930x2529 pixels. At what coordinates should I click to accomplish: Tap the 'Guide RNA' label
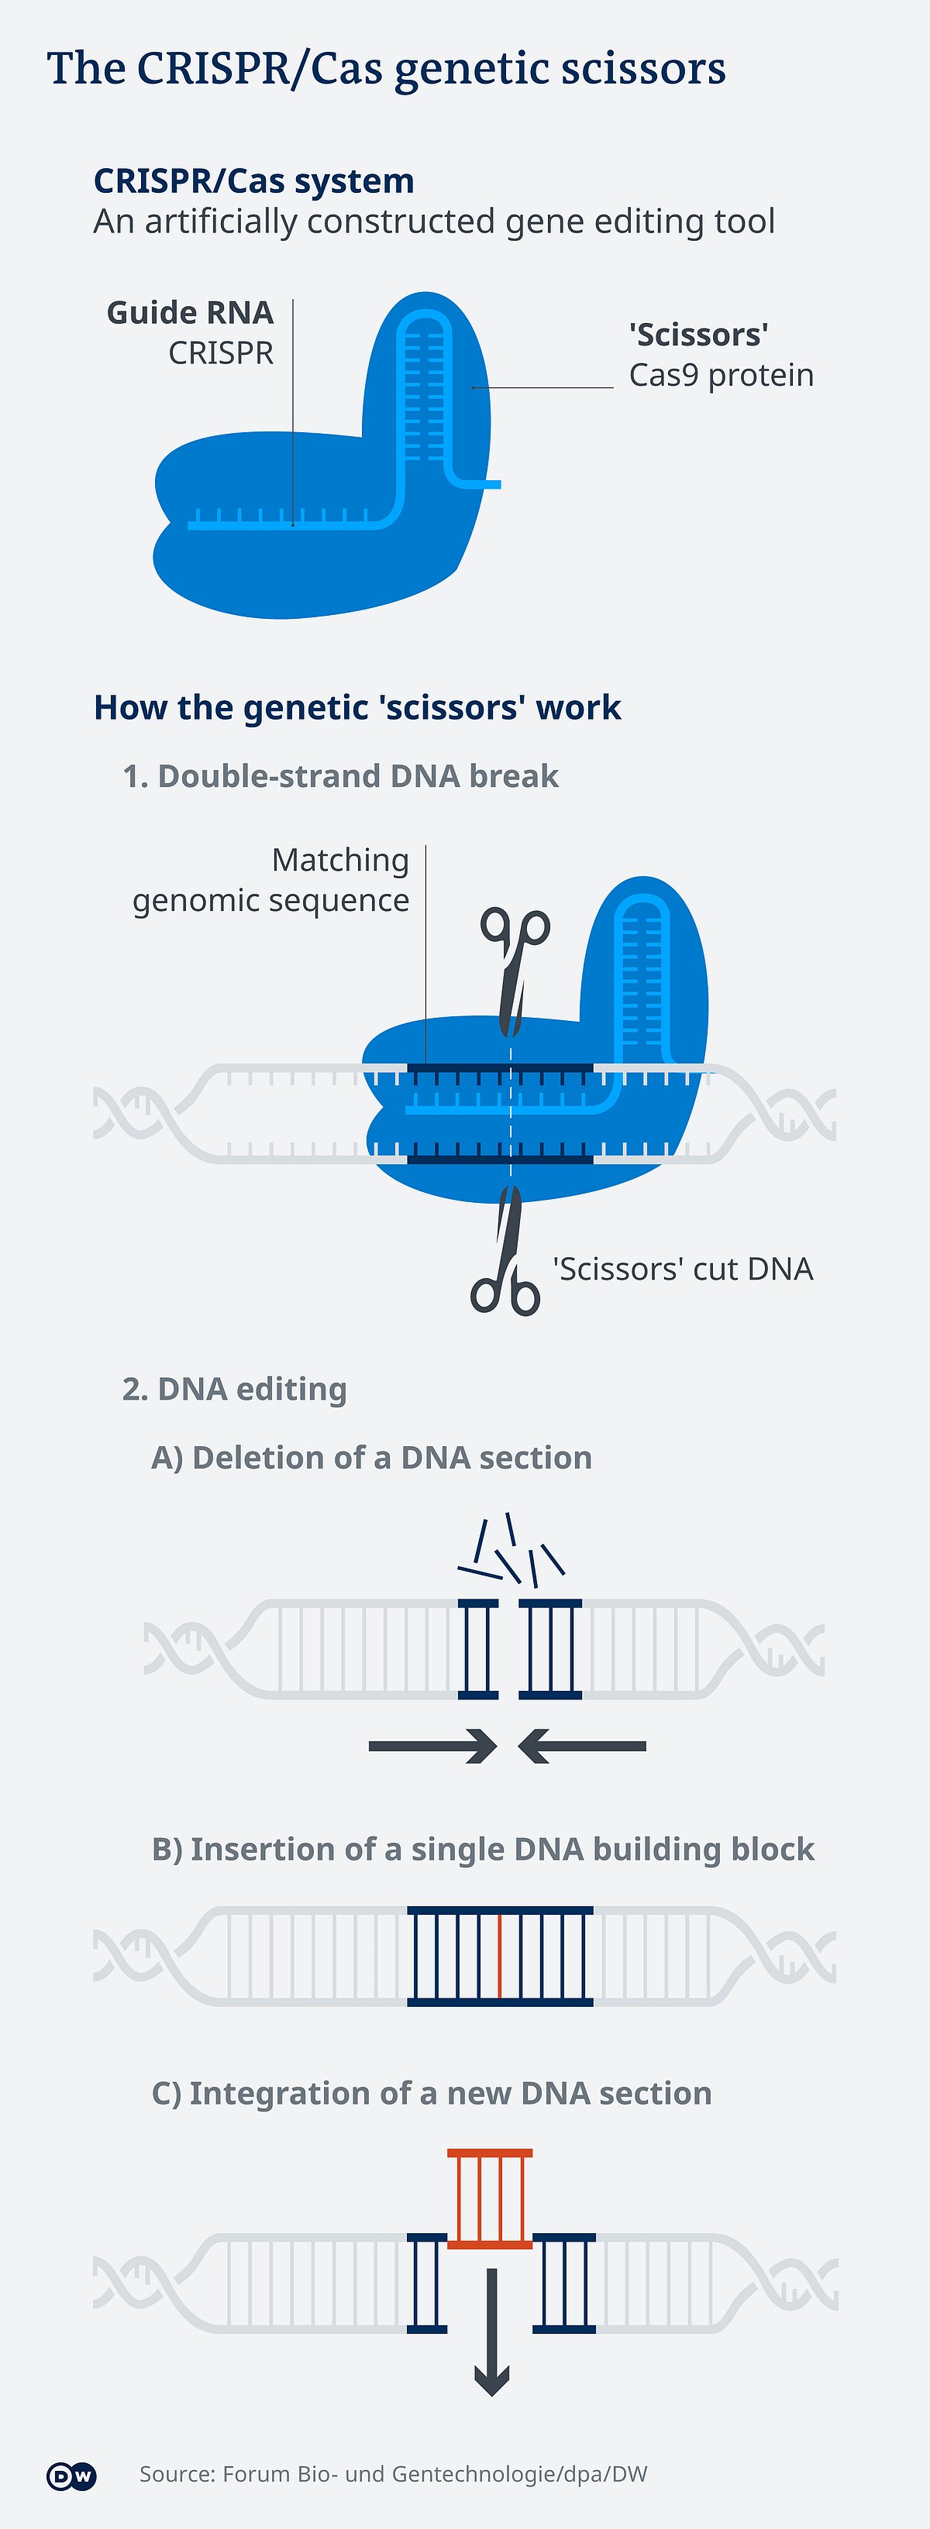[x=190, y=313]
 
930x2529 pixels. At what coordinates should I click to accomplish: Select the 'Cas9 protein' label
[x=721, y=376]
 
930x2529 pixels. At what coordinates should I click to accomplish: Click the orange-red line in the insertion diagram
[x=500, y=1956]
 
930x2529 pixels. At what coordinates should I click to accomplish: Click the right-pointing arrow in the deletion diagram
[x=433, y=1746]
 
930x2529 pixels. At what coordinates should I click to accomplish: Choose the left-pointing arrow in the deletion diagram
[x=581, y=1746]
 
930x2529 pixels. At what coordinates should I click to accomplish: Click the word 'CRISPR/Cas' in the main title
[x=260, y=69]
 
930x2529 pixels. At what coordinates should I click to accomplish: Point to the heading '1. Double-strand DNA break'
[x=341, y=777]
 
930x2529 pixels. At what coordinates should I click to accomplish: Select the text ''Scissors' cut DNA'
[x=683, y=1270]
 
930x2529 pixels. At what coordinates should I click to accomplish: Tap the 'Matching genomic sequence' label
[x=272, y=881]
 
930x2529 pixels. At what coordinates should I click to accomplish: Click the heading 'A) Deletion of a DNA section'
[x=371, y=1458]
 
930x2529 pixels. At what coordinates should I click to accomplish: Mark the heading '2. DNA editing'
[x=235, y=1389]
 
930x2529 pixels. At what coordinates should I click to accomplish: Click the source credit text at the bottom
[x=393, y=2474]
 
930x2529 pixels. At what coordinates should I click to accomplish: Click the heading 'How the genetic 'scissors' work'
[x=357, y=708]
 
